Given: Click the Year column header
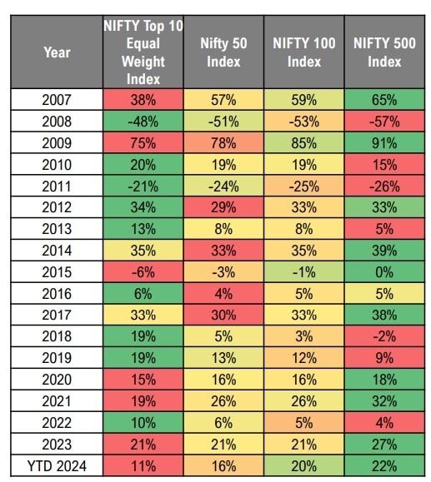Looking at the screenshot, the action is [x=57, y=52].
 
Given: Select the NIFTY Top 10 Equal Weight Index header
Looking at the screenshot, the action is [x=143, y=52].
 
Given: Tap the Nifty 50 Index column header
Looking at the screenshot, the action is [x=223, y=52].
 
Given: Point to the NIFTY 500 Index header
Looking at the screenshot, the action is [x=384, y=52].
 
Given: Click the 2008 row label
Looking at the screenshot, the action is [x=57, y=122].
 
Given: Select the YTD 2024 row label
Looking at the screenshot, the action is [x=57, y=466].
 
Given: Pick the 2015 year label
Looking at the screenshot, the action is [x=57, y=272].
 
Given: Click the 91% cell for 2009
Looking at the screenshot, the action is [x=384, y=143].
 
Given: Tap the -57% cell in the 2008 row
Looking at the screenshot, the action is [x=384, y=122].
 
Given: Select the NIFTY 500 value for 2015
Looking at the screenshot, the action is [x=384, y=272].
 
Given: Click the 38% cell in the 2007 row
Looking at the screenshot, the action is [x=143, y=100].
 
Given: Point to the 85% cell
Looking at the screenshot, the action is [x=304, y=143].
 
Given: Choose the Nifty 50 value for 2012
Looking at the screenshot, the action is [x=223, y=207].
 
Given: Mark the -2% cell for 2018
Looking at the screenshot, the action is [x=384, y=336].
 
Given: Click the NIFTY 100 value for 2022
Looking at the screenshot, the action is [x=304, y=423].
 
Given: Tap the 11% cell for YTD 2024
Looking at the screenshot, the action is [x=143, y=466].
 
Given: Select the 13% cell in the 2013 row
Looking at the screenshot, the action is [x=143, y=229].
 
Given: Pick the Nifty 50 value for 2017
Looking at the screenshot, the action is [x=223, y=315].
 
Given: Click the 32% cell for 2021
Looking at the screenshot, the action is [x=384, y=401].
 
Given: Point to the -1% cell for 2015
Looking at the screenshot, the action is [x=304, y=272].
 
